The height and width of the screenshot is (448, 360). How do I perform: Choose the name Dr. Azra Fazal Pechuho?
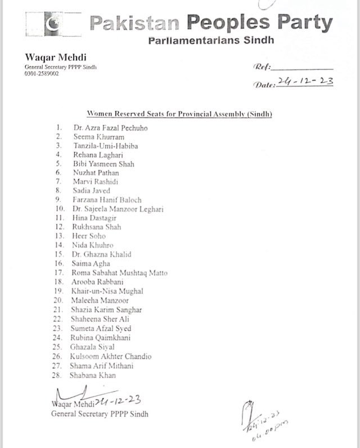click(x=110, y=128)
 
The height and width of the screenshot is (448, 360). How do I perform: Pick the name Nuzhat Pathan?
click(x=96, y=173)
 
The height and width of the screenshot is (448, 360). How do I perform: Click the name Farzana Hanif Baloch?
click(x=107, y=200)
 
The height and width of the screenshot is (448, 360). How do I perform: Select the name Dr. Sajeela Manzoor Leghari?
click(x=118, y=209)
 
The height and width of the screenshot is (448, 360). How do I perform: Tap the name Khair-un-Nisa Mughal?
click(x=107, y=291)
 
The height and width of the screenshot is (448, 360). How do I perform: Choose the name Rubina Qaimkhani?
click(x=100, y=338)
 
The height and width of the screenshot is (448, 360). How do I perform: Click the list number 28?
click(x=57, y=375)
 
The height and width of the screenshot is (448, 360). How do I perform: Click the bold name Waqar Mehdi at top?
click(x=52, y=57)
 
